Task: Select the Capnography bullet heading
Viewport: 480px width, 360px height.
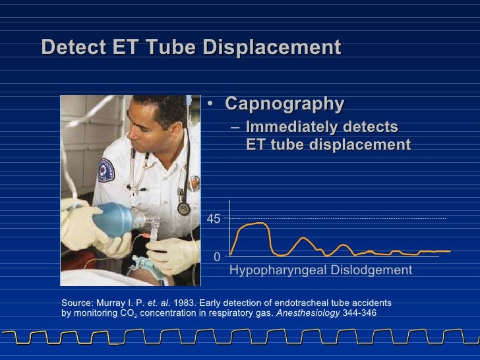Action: pyautogui.click(x=284, y=104)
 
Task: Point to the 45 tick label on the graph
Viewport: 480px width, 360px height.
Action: pyautogui.click(x=214, y=219)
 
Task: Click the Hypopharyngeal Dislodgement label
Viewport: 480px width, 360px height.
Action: pyautogui.click(x=320, y=270)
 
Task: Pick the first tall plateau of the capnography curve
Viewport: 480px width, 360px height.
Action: pyautogui.click(x=254, y=225)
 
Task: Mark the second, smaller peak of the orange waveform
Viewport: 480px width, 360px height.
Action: pyautogui.click(x=303, y=239)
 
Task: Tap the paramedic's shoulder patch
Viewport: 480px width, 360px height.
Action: pyautogui.click(x=106, y=169)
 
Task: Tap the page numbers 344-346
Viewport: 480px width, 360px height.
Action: pyautogui.click(x=359, y=313)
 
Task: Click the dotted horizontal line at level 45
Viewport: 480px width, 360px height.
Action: pyautogui.click(x=343, y=218)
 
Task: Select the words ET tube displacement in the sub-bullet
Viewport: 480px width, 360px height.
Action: pyautogui.click(x=328, y=145)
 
